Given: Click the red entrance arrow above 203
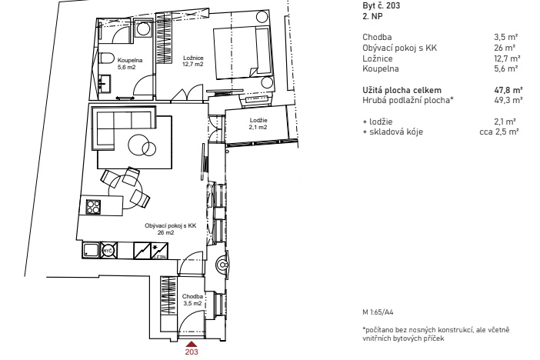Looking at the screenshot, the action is [x=192, y=344].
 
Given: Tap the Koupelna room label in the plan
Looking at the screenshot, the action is [x=130, y=60].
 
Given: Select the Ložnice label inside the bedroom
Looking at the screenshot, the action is [x=193, y=58].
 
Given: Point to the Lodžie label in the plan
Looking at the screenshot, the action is [x=258, y=120].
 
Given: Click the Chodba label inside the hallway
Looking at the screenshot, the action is [x=192, y=296].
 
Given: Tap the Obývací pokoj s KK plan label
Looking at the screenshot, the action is [x=171, y=225].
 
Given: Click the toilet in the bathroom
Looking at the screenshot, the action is [x=105, y=58].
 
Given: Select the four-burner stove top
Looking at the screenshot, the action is [x=93, y=207].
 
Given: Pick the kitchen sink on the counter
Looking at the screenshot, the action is [x=91, y=250].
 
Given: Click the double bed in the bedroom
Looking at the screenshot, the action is [x=242, y=53].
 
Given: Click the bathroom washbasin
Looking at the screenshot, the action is [x=105, y=84].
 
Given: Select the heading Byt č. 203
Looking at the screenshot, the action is [x=382, y=5].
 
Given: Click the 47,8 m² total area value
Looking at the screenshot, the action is [x=508, y=90].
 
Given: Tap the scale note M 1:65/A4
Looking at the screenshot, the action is [x=378, y=312].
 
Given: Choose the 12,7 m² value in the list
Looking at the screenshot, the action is [x=507, y=58].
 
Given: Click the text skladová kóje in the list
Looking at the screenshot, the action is [x=396, y=132].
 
